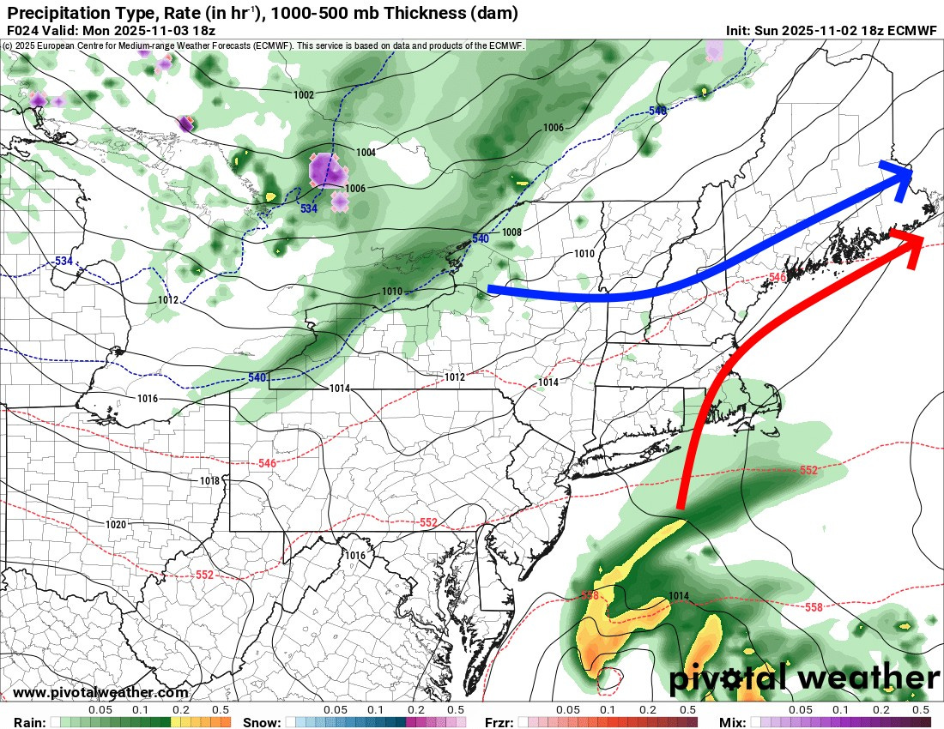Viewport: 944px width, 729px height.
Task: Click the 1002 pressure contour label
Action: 303,95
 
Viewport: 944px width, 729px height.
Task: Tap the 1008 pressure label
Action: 511,232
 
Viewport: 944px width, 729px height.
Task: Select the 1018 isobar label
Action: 209,481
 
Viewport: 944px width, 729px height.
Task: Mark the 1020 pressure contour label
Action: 116,524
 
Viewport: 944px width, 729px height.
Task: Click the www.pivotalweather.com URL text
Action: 100,693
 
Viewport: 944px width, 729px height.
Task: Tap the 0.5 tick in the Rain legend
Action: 221,710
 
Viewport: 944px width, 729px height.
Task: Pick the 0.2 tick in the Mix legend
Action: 880,710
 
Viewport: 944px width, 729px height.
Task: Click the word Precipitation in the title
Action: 53,12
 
